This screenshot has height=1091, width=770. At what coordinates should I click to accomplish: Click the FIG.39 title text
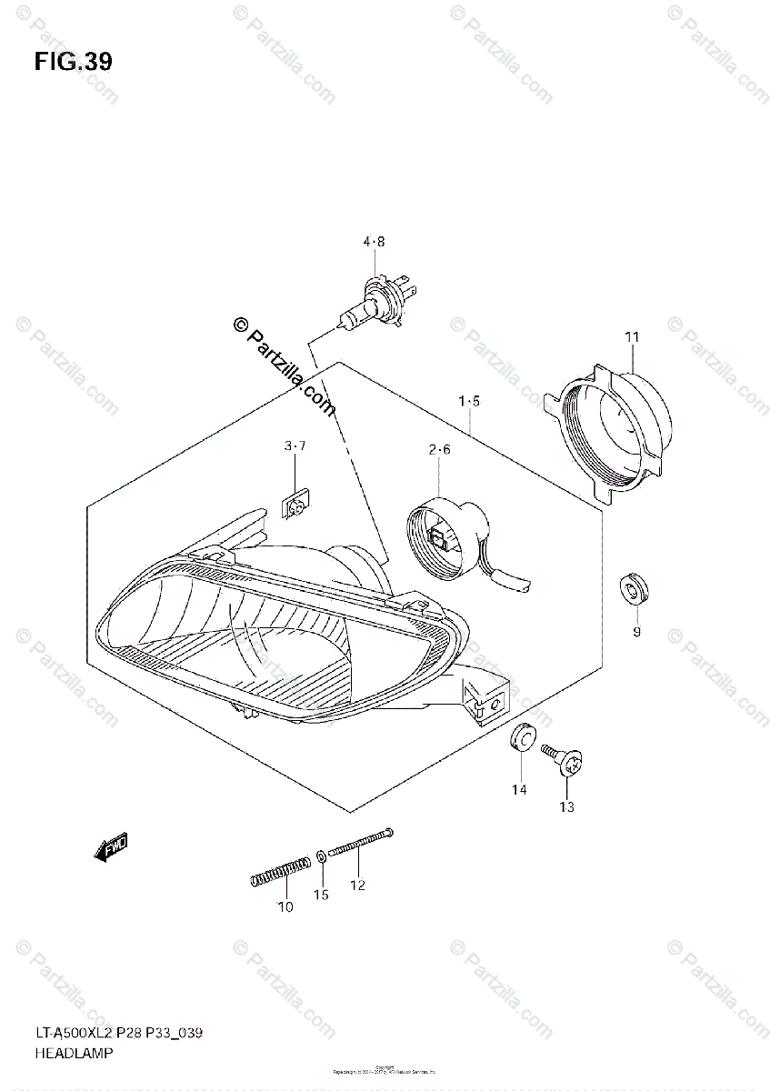tap(74, 63)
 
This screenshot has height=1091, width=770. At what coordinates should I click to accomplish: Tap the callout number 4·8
tap(375, 242)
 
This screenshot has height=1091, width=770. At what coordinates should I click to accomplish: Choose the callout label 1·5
tap(469, 400)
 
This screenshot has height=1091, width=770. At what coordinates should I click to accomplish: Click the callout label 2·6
tap(440, 449)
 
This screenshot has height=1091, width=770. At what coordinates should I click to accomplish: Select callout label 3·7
tap(295, 445)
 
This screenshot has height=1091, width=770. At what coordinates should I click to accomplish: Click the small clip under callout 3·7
tap(295, 502)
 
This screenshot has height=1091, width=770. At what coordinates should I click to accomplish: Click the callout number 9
tap(636, 631)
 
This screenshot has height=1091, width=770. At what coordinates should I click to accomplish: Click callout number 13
tap(567, 806)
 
